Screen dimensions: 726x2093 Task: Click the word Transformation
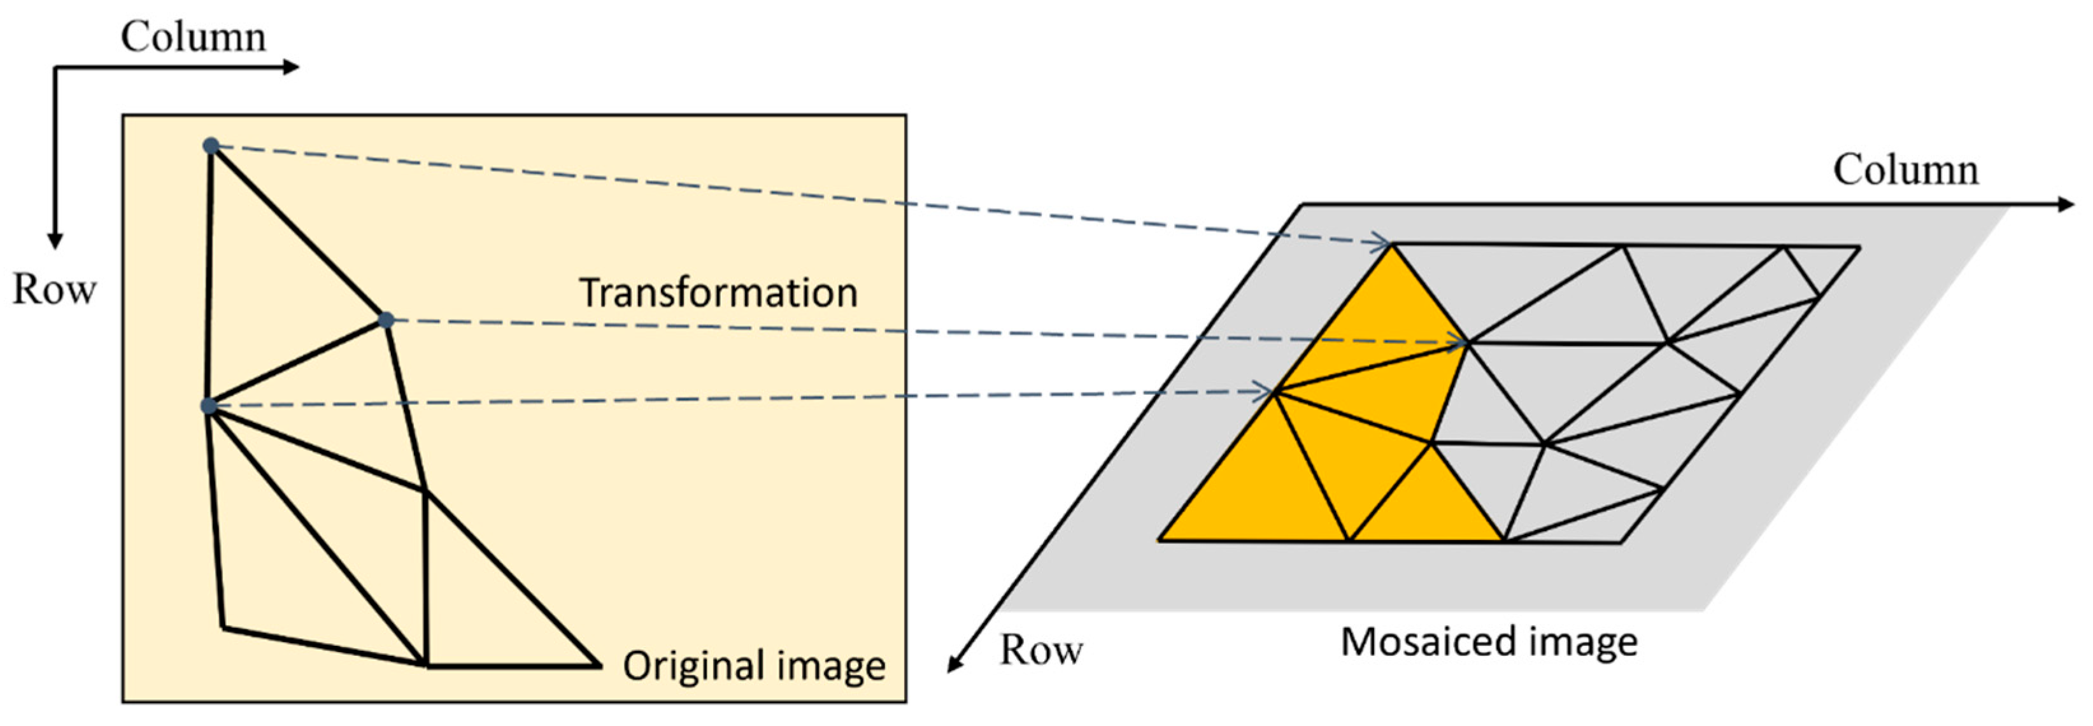718,293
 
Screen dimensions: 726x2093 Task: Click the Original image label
753,666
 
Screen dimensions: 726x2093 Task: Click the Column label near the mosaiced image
1905,171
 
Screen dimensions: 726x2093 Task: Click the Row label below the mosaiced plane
1041,650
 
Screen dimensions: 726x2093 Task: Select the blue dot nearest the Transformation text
387,320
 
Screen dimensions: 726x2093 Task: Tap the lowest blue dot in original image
209,406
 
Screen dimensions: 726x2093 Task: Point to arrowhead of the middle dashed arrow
1462,344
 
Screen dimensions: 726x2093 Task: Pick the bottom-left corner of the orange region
1160,539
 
